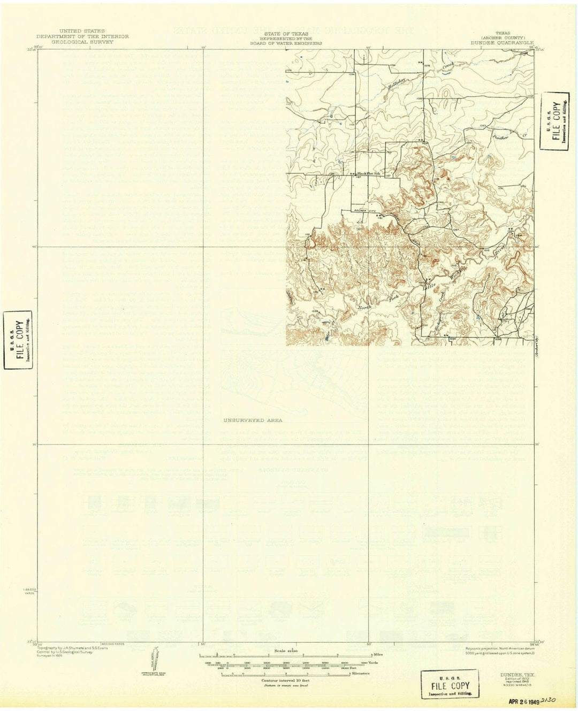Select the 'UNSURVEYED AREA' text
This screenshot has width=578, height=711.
pyautogui.click(x=247, y=421)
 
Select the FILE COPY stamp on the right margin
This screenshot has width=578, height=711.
pyautogui.click(x=554, y=125)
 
